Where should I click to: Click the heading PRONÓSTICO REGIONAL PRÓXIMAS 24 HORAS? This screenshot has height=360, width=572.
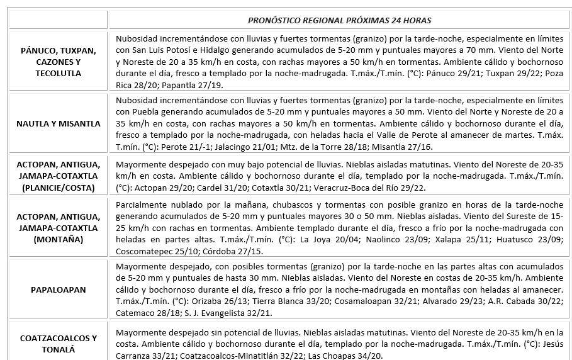tap(339, 20)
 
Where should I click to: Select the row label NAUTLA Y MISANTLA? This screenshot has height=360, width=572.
tap(59, 123)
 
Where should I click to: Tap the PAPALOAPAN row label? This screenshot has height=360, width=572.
tap(59, 290)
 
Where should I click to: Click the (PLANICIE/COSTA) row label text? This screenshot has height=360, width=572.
tap(59, 188)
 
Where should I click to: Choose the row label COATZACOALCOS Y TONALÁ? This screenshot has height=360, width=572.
tap(59, 343)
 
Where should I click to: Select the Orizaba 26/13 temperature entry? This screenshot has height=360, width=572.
tap(205, 301)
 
